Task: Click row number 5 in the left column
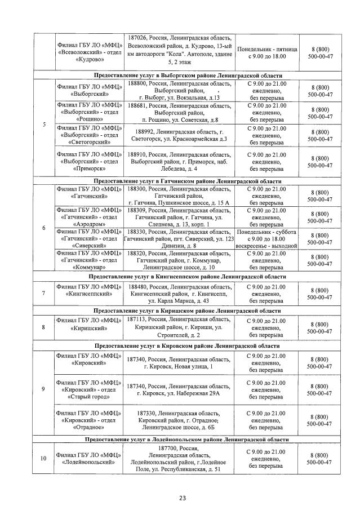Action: (x=45, y=124)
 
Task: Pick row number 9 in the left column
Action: (x=45, y=389)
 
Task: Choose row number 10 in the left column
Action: (x=45, y=458)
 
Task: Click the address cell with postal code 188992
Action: (x=180, y=135)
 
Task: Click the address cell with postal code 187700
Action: (x=180, y=458)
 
